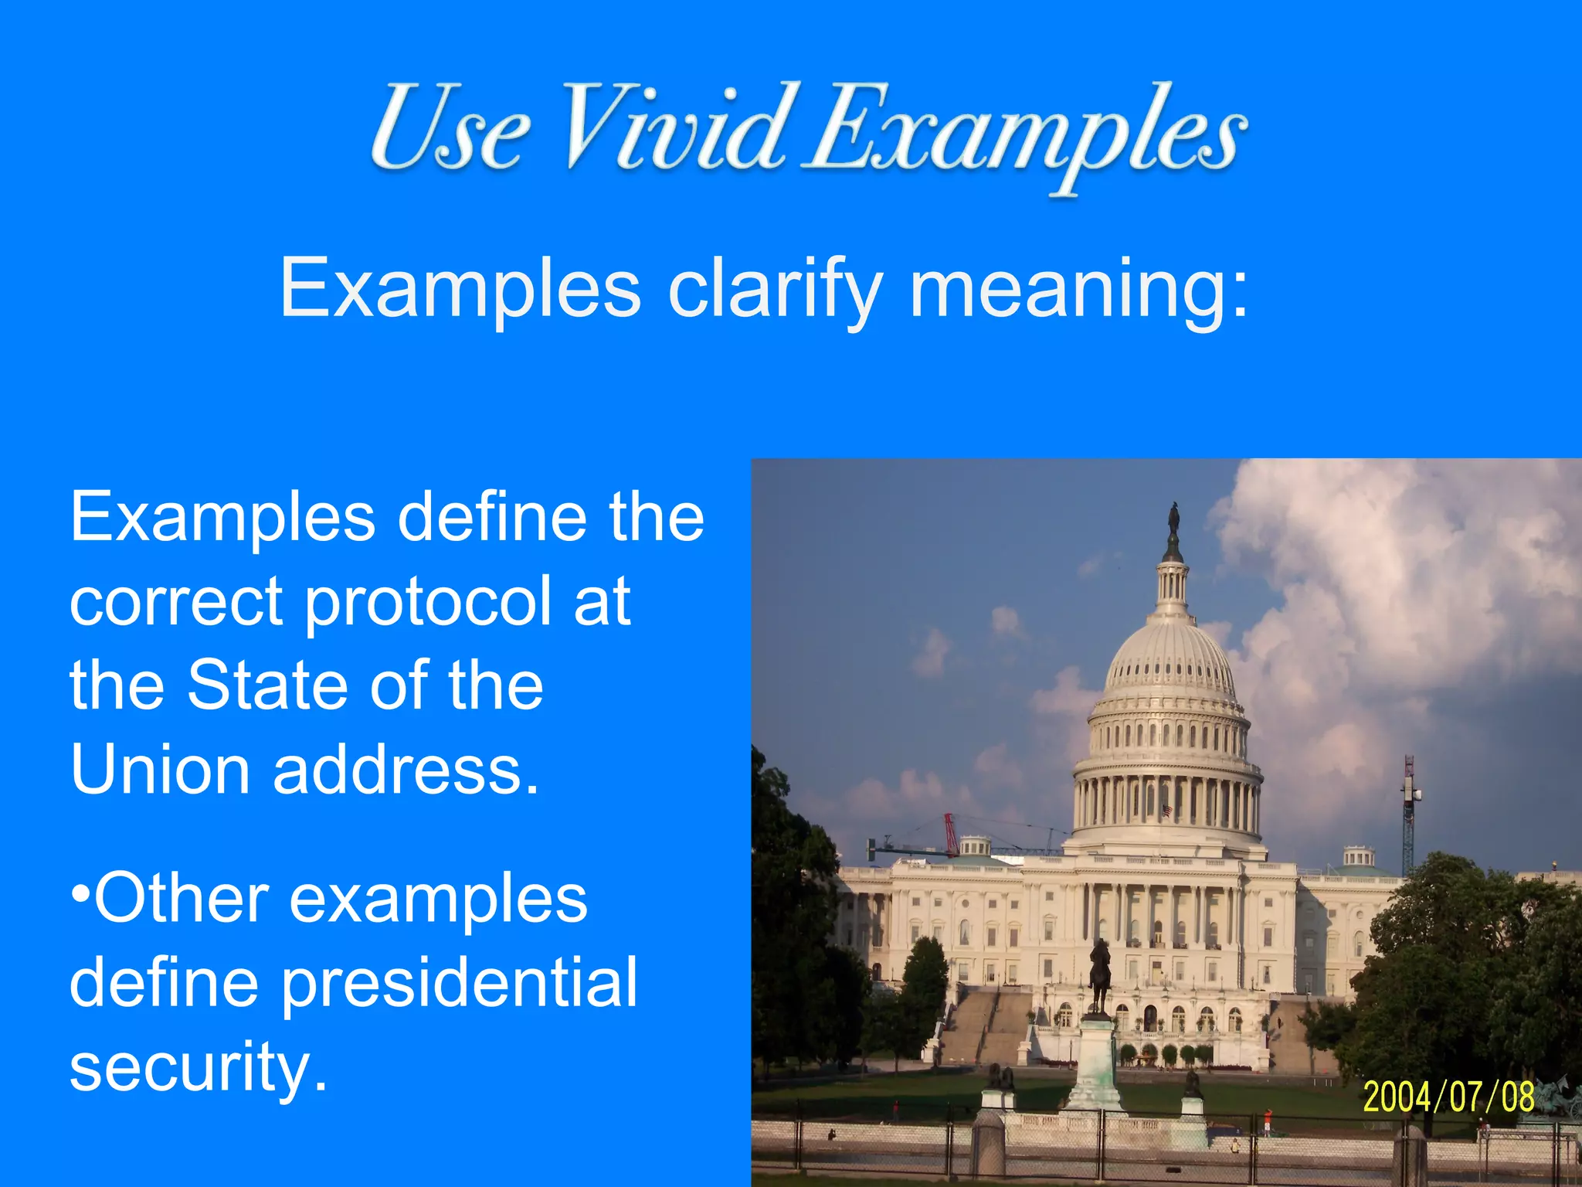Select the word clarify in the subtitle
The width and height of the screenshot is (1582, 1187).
(775, 289)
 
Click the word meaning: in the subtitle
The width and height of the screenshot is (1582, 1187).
(1078, 291)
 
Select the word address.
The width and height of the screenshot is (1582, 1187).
(406, 770)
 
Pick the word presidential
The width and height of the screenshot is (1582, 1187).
(459, 984)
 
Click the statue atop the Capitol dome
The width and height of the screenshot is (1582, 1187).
(1173, 518)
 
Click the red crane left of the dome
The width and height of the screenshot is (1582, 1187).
(951, 835)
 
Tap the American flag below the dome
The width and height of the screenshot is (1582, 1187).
(1167, 811)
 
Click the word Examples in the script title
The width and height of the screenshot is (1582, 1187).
(1024, 131)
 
